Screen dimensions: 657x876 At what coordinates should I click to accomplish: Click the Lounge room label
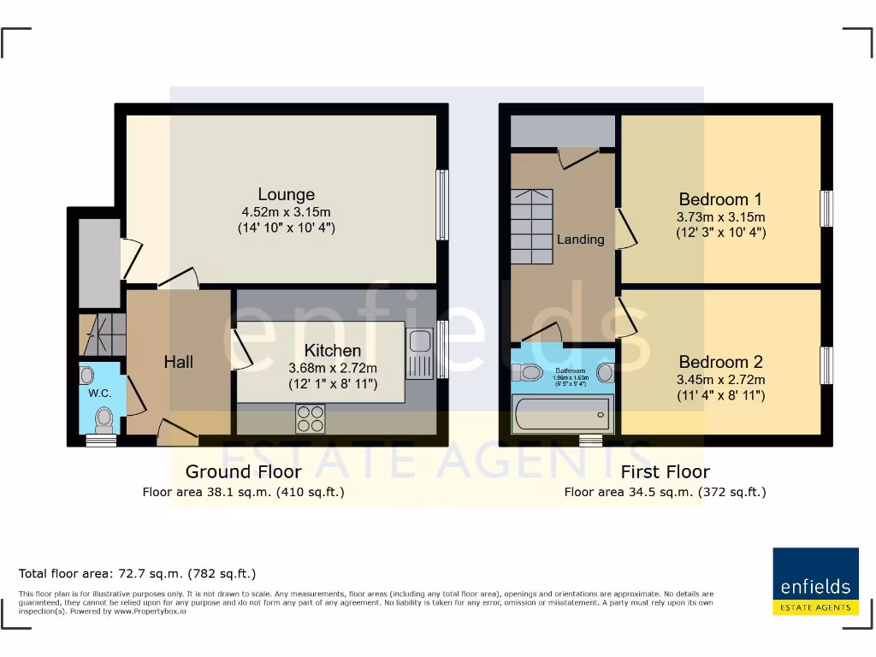(287, 194)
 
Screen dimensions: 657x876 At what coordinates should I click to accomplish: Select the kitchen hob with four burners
(311, 418)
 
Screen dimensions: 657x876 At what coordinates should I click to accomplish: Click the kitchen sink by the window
(420, 351)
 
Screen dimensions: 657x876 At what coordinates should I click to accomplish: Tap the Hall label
(178, 362)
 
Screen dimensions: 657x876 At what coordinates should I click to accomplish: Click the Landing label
(580, 240)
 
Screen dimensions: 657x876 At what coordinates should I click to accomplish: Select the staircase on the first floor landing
(531, 227)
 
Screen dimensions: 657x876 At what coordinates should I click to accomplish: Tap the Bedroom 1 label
(720, 198)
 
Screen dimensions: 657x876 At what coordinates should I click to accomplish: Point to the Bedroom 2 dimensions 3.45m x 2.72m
(720, 380)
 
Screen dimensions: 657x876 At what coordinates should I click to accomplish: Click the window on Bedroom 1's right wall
(826, 208)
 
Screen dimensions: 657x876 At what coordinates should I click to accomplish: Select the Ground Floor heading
(243, 471)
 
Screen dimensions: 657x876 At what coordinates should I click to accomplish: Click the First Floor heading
(665, 471)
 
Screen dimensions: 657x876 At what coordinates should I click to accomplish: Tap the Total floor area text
(138, 573)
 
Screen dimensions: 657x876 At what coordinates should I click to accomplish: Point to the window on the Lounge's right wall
(442, 205)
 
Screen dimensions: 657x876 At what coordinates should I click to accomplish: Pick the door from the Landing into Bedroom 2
(627, 316)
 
